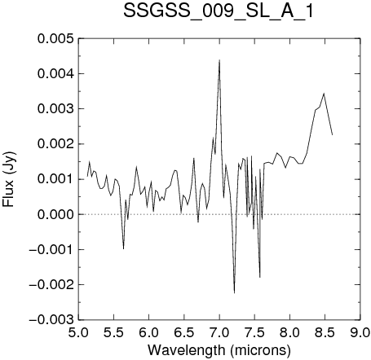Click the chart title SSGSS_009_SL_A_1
tap(219, 11)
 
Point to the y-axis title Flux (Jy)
tap(8, 179)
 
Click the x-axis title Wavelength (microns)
tap(219, 350)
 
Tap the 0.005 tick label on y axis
tap(55, 38)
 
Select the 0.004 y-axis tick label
tap(55, 73)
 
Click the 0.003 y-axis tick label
tap(55, 109)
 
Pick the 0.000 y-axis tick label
tap(55, 214)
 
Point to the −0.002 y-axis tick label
tap(51, 285)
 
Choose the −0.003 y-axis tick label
tap(51, 320)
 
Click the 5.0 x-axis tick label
tap(78, 332)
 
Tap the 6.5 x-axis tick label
tap(184, 332)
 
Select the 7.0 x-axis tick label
tap(219, 332)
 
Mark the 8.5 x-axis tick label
tap(325, 332)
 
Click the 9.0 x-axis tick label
tap(360, 332)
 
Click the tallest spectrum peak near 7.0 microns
tap(219, 60)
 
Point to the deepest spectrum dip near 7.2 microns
tap(234, 293)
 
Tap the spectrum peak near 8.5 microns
tap(324, 94)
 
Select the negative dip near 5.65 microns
tap(124, 248)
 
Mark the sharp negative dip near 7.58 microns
tap(260, 277)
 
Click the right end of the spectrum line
tap(332, 134)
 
